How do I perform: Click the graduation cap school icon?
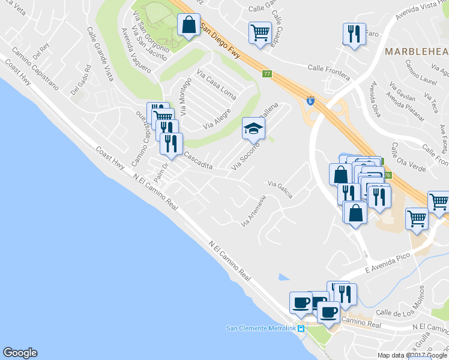(253, 128)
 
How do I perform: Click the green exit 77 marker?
(267, 74)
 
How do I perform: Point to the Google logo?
(20, 353)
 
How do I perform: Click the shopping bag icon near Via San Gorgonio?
(189, 26)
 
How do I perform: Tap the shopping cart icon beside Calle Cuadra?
(260, 32)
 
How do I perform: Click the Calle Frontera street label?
(329, 70)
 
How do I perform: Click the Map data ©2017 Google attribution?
(412, 355)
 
